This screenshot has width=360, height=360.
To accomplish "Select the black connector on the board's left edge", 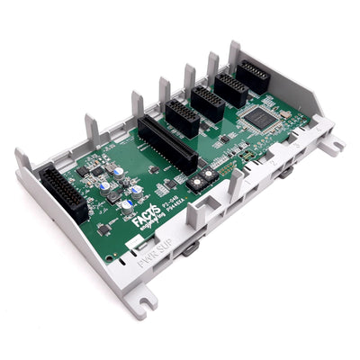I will (63, 193).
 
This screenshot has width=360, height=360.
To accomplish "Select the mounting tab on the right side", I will (332, 143).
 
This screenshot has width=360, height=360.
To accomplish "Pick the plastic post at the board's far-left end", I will (22, 159).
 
